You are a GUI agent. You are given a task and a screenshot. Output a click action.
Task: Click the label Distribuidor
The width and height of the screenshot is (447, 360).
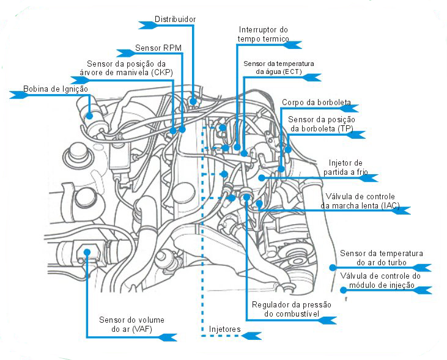pyautogui.click(x=175, y=20)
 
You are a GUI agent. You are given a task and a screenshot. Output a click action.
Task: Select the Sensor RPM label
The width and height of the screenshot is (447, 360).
pyautogui.click(x=158, y=47)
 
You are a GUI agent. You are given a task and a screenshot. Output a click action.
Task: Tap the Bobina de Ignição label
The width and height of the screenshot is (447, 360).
pyautogui.click(x=56, y=89)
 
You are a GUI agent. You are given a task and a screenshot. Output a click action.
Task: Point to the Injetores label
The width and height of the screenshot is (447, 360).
pyautogui.click(x=224, y=329)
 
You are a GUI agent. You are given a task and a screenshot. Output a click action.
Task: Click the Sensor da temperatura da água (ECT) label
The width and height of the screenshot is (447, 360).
pyautogui.click(x=278, y=68)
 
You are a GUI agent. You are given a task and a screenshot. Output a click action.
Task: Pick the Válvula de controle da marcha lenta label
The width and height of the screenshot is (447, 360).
pyautogui.click(x=360, y=200)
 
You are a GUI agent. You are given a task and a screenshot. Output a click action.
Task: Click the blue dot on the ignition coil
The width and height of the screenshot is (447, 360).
pyautogui.click(x=89, y=114)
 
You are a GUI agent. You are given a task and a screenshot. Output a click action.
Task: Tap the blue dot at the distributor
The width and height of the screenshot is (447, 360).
pyautogui.click(x=193, y=101)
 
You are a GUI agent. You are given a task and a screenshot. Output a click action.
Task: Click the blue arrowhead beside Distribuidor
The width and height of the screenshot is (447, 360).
pyautogui.click(x=147, y=24)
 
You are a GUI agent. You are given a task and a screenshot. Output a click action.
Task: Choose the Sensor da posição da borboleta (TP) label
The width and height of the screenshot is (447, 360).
pyautogui.click(x=322, y=124)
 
